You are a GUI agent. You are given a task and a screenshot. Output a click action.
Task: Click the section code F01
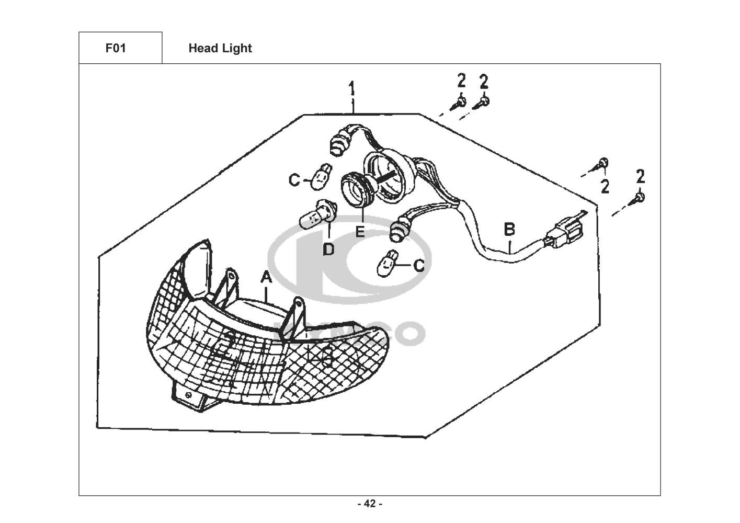[x=116, y=48]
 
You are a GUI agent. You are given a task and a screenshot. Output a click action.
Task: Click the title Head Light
[x=220, y=48]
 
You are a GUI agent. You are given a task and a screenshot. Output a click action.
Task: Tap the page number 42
[x=369, y=504]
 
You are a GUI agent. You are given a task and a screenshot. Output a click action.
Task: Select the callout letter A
[x=266, y=278]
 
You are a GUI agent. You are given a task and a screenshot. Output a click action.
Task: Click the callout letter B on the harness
[x=509, y=229]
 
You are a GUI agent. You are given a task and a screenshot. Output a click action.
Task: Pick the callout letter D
[x=328, y=249]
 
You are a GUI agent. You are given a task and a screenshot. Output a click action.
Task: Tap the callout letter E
[x=360, y=231]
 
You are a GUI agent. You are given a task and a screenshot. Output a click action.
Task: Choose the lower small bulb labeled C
[x=388, y=263]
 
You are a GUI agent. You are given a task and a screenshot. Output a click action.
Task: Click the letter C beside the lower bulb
[x=419, y=266]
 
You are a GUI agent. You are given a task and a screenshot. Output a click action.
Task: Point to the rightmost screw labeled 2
[x=639, y=198]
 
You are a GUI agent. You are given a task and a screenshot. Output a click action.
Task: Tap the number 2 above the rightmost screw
[x=641, y=177]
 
